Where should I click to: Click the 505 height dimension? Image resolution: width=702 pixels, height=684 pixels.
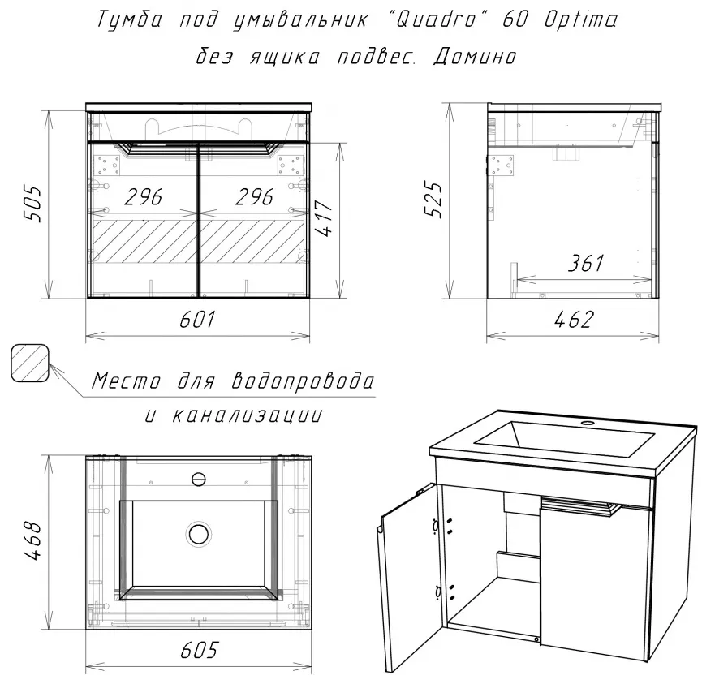point(32,204)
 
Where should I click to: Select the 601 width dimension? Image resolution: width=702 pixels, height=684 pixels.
point(197,320)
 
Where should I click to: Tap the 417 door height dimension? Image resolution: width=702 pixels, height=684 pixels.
point(323,217)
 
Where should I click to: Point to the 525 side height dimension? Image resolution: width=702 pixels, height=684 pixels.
point(433,200)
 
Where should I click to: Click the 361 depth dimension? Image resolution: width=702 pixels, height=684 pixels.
point(586,263)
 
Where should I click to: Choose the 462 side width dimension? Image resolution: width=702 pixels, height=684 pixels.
point(574,320)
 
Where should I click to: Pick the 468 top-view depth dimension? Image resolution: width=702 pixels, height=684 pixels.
point(32,540)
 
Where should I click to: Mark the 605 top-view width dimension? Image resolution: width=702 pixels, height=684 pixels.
point(199,650)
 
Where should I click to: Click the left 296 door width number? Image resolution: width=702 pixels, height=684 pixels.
point(144,197)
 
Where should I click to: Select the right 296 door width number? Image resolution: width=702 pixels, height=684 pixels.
point(254,197)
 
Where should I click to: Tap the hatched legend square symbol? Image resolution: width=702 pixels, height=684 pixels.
point(29,363)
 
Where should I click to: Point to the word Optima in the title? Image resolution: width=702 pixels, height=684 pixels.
point(581,20)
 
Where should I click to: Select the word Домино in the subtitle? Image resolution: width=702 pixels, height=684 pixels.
point(475,58)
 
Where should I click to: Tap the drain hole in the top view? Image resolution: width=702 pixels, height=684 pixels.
point(198,534)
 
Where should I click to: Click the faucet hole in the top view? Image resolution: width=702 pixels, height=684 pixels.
point(198,480)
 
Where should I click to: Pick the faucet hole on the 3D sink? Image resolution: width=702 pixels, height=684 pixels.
point(587,423)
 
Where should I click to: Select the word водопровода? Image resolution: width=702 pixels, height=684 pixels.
point(303,381)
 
